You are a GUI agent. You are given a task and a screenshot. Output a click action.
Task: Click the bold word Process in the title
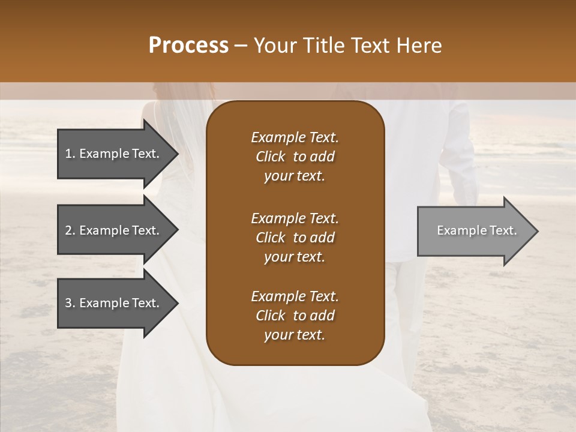188,46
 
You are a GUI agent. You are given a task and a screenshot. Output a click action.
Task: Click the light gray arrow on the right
474,231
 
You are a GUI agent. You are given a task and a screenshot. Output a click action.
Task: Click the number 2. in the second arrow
70,230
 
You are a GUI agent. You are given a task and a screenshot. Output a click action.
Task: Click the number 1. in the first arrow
70,154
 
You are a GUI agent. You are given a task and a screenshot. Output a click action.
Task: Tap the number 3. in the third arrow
70,303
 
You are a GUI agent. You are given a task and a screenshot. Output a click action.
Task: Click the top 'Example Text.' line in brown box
295,137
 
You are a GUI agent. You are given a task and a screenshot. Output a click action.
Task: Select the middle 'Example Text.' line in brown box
295,218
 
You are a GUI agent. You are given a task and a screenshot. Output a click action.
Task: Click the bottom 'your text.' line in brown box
295,335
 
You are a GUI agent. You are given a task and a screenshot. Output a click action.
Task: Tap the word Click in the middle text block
270,238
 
